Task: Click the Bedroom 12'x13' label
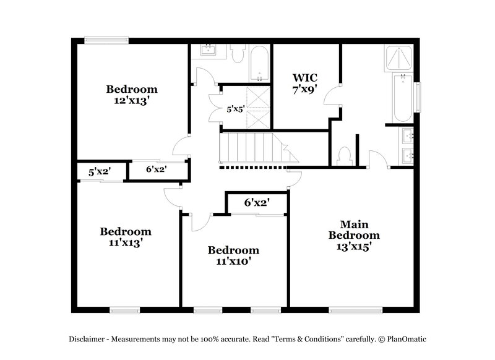(131, 95)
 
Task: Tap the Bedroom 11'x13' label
(126, 238)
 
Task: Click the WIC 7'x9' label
(304, 83)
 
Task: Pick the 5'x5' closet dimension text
(236, 109)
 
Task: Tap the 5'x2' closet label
(99, 172)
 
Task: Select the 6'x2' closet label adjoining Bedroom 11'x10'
(256, 202)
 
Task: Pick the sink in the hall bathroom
(208, 51)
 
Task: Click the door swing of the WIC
(334, 96)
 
